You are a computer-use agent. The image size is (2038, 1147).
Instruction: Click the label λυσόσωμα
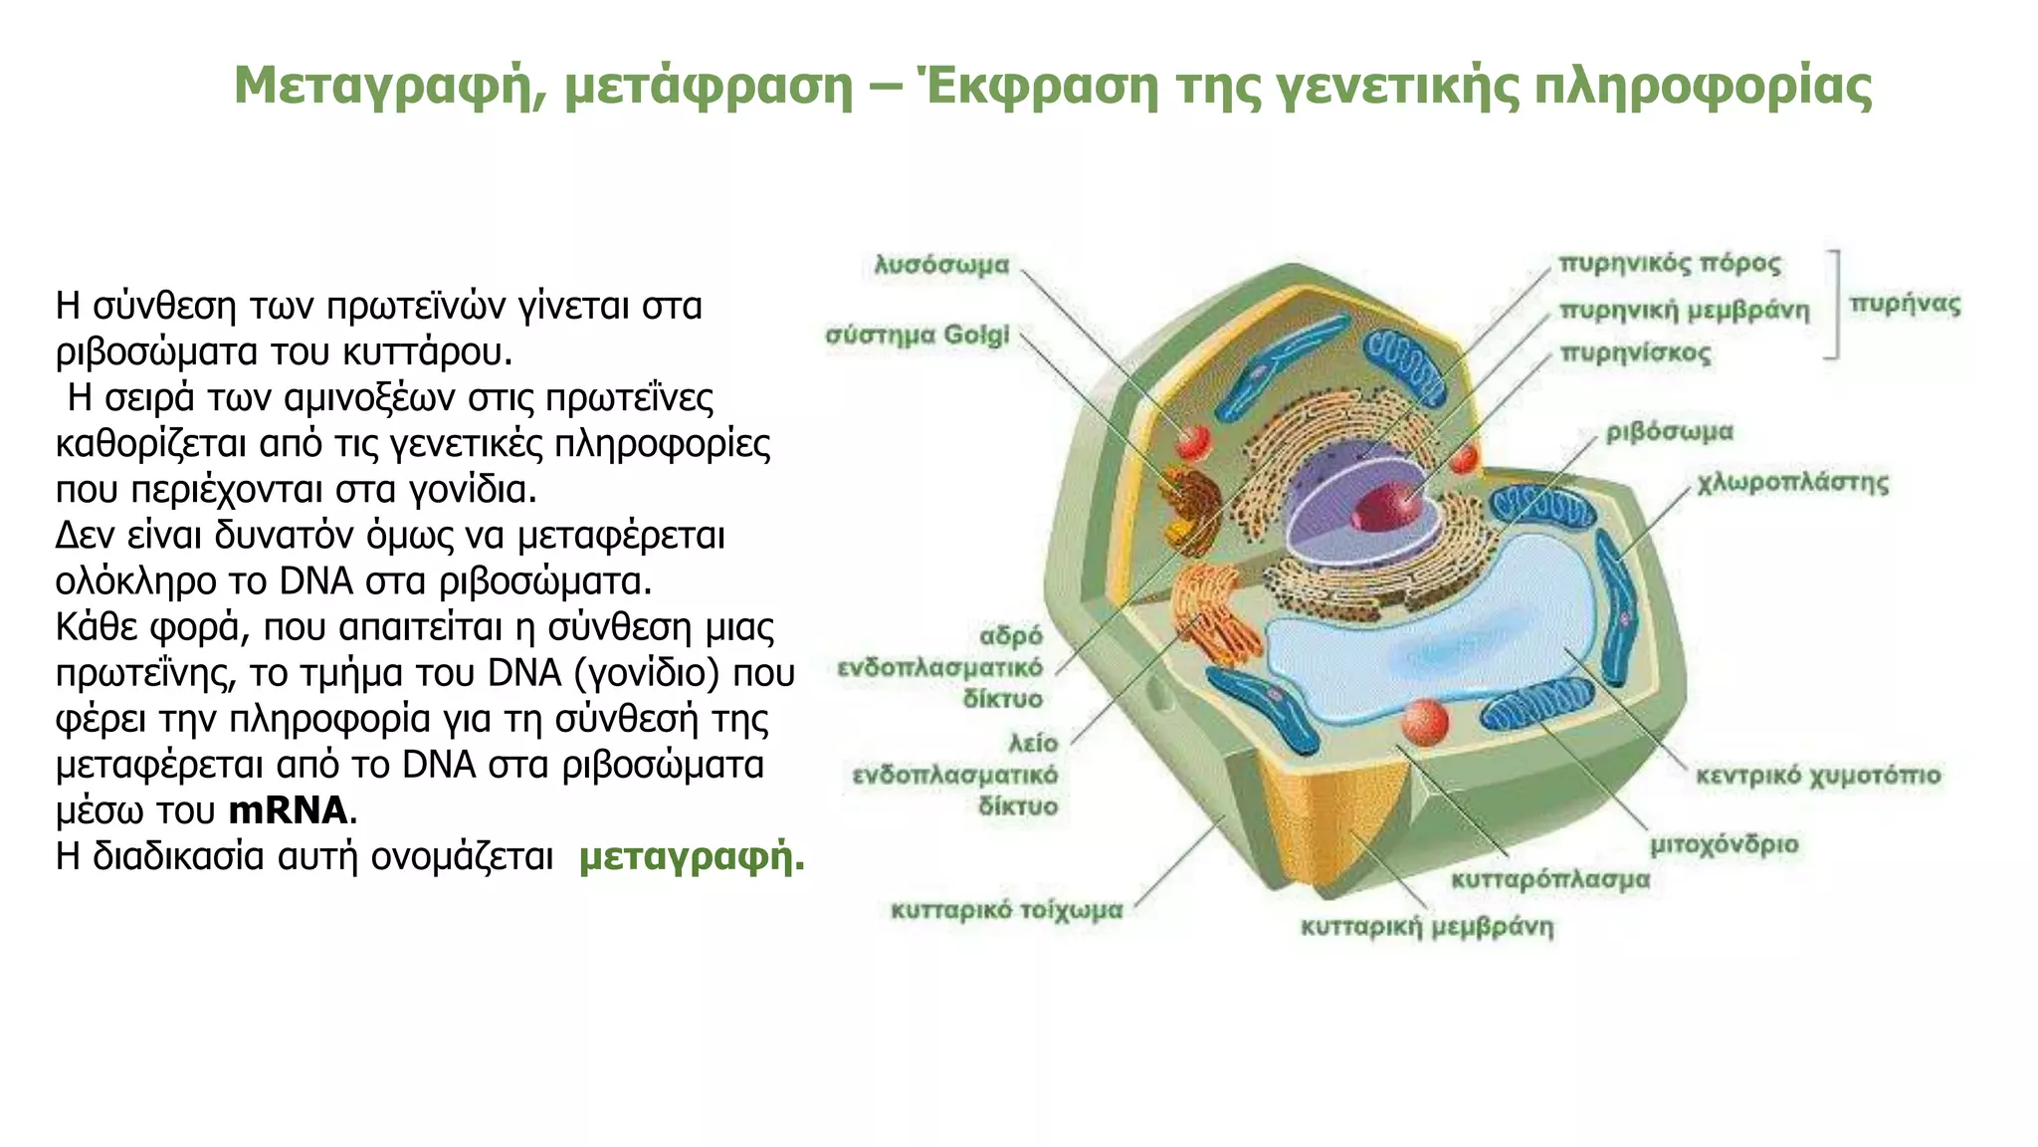(941, 265)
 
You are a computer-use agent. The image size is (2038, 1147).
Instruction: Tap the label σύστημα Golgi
(917, 335)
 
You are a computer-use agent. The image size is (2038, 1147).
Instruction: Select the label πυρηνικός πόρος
(1669, 264)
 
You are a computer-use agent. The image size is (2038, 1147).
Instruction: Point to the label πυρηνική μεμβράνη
(1684, 311)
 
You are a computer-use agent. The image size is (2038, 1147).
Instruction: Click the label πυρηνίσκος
(1635, 353)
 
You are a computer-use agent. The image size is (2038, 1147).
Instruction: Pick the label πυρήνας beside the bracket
(1905, 305)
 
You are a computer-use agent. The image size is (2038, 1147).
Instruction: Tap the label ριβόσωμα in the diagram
(1669, 432)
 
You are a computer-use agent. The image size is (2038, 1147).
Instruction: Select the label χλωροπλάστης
(1792, 484)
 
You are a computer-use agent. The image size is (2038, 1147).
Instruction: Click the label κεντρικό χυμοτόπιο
(1818, 775)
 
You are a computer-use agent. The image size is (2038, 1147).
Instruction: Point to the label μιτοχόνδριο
(1724, 845)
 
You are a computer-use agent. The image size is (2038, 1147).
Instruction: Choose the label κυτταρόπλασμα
(1549, 879)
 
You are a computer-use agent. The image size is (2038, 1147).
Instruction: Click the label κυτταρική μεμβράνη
(1427, 927)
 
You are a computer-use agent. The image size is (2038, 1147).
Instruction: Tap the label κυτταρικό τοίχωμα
(1006, 910)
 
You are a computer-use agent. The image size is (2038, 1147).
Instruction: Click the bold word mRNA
(289, 810)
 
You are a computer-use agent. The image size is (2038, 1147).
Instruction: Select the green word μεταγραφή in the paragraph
(691, 856)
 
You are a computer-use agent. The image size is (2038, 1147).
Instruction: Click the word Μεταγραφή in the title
(389, 86)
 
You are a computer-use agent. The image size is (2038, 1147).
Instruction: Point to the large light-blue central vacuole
(1433, 647)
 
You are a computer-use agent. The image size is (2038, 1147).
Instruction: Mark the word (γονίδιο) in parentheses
(647, 673)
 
